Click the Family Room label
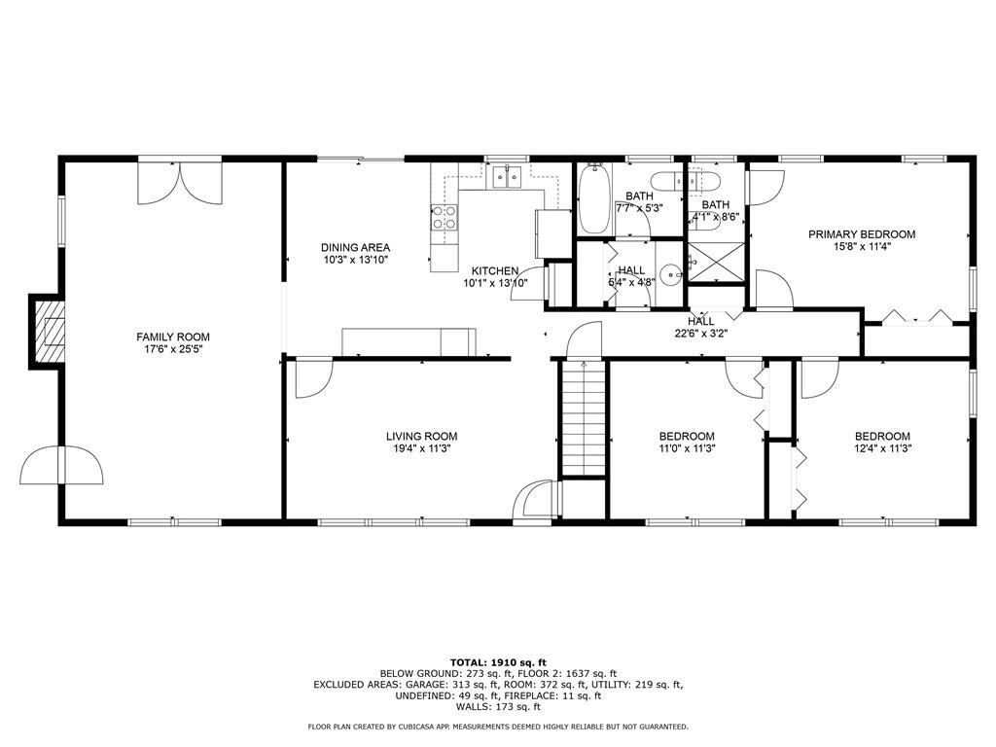pyautogui.click(x=173, y=337)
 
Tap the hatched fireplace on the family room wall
pyautogui.click(x=50, y=332)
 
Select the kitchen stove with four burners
pyautogui.click(x=444, y=217)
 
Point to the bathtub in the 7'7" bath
pyautogui.click(x=594, y=198)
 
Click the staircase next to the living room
pyautogui.click(x=584, y=418)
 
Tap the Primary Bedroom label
pyautogui.click(x=862, y=234)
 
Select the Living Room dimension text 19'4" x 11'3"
pyautogui.click(x=422, y=447)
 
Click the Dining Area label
pyautogui.click(x=355, y=248)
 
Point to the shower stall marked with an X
pyautogui.click(x=716, y=261)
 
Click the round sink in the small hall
pyautogui.click(x=671, y=275)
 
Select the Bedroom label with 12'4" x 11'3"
pyautogui.click(x=882, y=437)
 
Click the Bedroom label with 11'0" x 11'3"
pyautogui.click(x=687, y=437)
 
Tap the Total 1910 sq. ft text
pyautogui.click(x=498, y=662)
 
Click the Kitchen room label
pyautogui.click(x=495, y=271)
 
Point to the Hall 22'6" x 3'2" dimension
pyautogui.click(x=701, y=333)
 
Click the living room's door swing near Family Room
pyautogui.click(x=314, y=379)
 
